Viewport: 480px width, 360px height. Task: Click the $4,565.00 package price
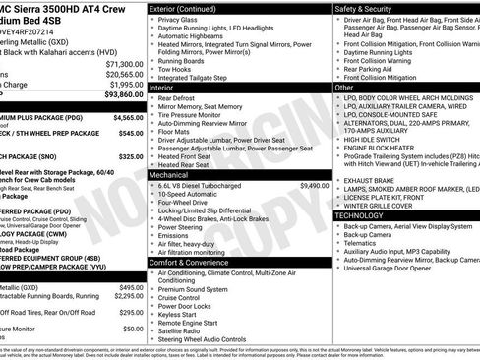click(x=124, y=117)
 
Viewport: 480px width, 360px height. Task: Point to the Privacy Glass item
click(x=178, y=20)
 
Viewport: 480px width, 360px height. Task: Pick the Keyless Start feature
click(x=180, y=315)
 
